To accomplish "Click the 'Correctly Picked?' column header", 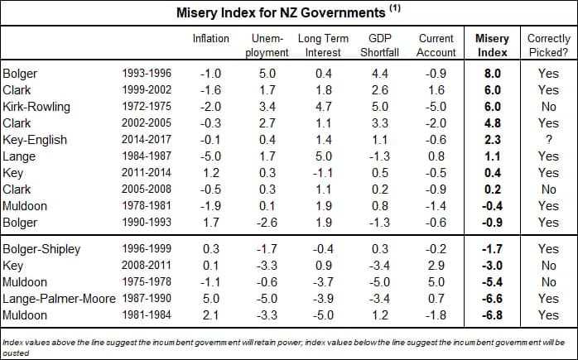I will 547,46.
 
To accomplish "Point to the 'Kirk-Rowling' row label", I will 36,107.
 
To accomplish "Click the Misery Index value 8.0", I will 494,74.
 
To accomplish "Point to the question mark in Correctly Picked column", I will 548,140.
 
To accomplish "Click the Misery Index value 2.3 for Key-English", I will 494,140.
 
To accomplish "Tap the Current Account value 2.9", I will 436,265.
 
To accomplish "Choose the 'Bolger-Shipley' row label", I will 41,248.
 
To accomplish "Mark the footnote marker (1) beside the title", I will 395,9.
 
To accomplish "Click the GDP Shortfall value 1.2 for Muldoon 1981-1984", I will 382,314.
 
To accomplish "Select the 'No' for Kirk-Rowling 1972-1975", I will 548,107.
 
